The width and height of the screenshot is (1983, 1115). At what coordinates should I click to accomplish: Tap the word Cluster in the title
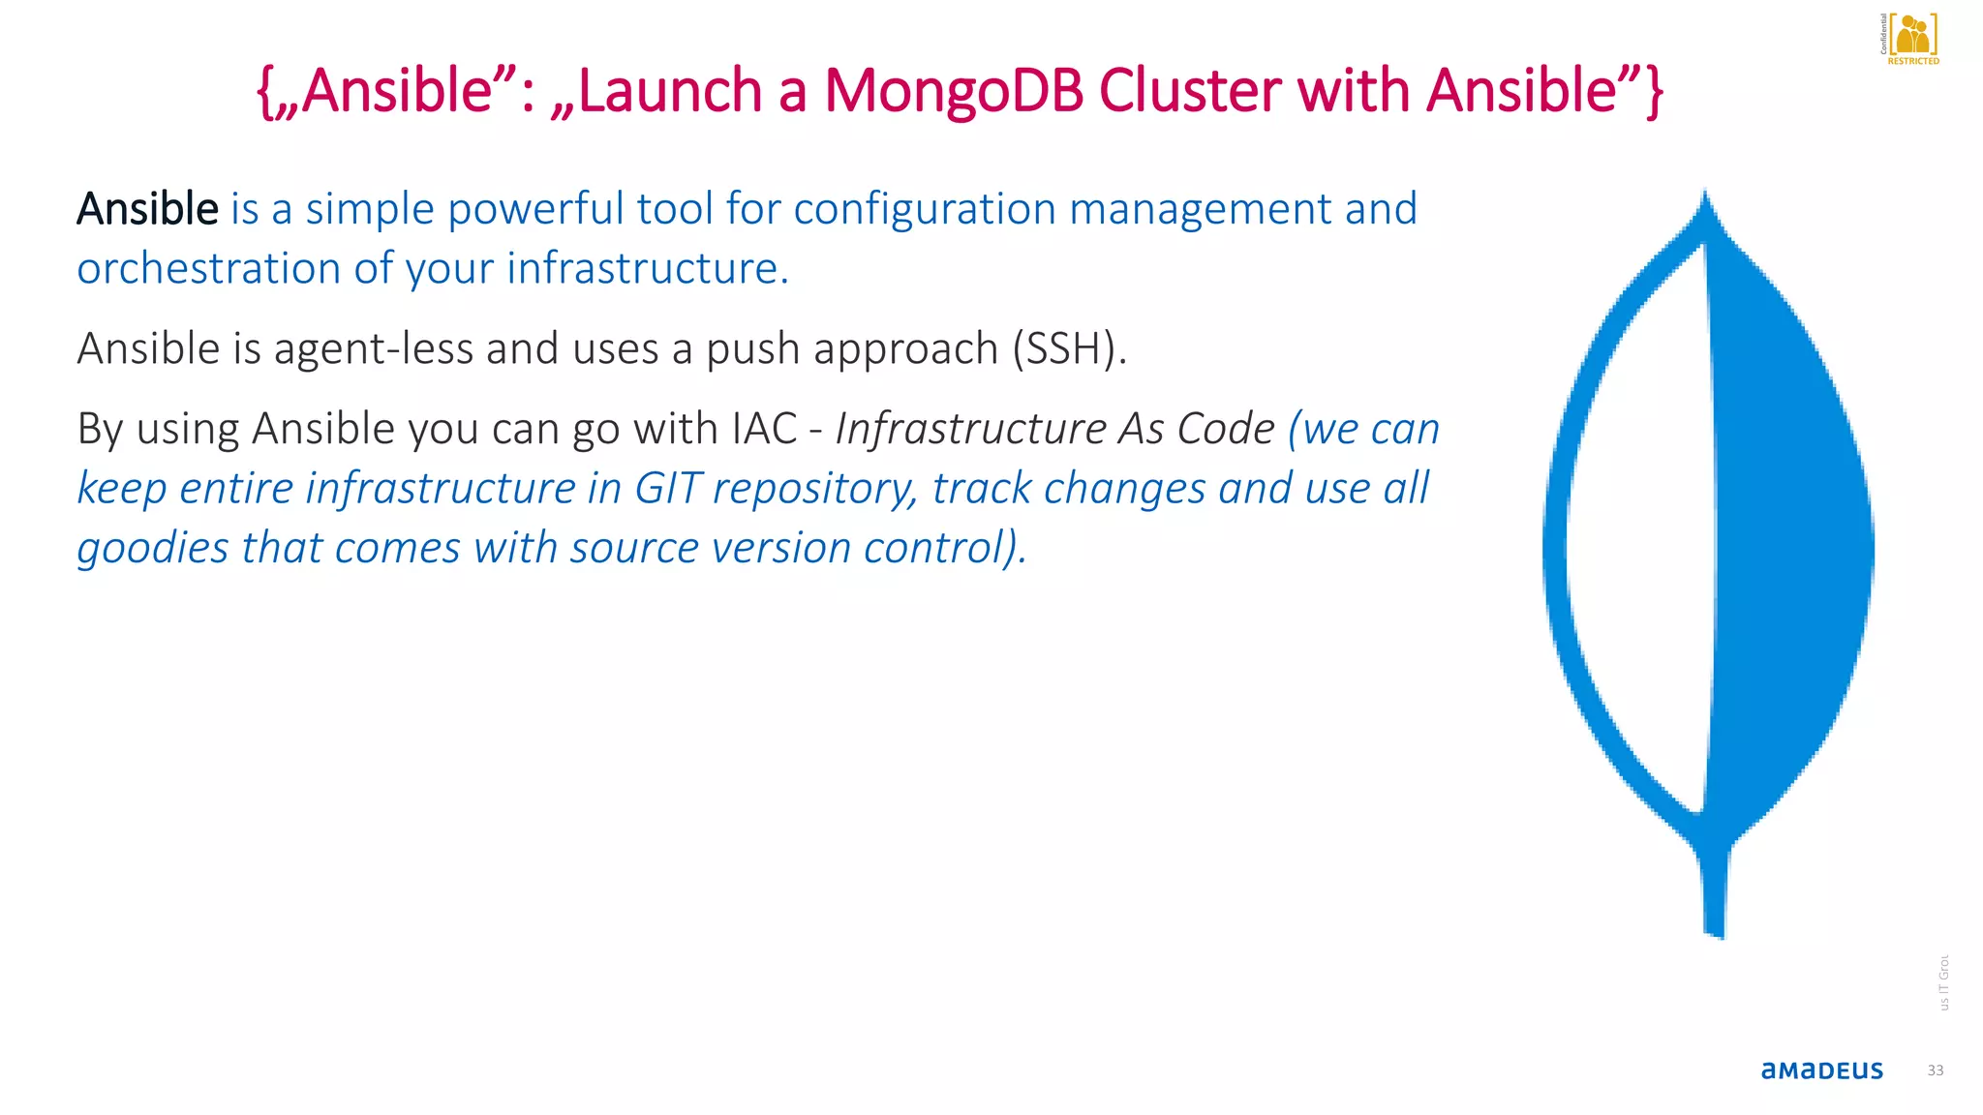point(1190,91)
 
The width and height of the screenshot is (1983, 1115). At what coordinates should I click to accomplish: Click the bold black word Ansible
point(147,209)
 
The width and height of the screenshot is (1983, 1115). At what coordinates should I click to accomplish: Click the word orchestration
point(208,268)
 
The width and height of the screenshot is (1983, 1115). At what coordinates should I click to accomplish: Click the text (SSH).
point(1069,348)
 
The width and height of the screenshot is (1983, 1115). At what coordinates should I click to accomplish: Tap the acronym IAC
point(764,429)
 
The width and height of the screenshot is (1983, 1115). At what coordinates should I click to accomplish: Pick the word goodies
point(153,548)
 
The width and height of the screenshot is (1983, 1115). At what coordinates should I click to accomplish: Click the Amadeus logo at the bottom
point(1821,1070)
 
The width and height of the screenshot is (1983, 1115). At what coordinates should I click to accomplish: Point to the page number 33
point(1935,1070)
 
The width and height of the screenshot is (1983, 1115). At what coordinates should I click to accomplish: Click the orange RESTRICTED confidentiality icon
point(1912,39)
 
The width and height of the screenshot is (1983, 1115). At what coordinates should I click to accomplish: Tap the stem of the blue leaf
point(1714,890)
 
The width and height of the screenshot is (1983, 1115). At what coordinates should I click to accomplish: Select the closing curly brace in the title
point(1653,91)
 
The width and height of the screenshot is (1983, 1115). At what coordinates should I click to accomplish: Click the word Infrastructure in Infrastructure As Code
point(970,429)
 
